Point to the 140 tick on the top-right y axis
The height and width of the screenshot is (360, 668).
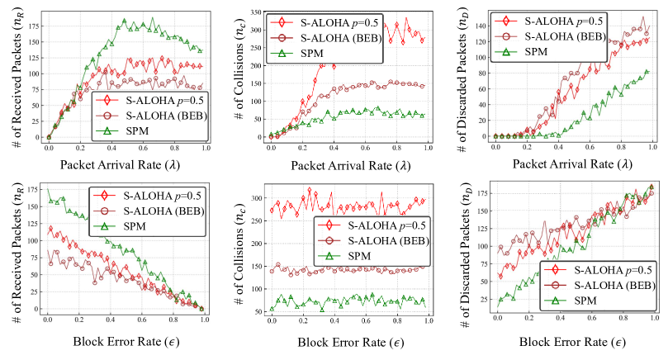[481, 26]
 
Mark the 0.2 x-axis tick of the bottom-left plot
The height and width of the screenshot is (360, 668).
[79, 320]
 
